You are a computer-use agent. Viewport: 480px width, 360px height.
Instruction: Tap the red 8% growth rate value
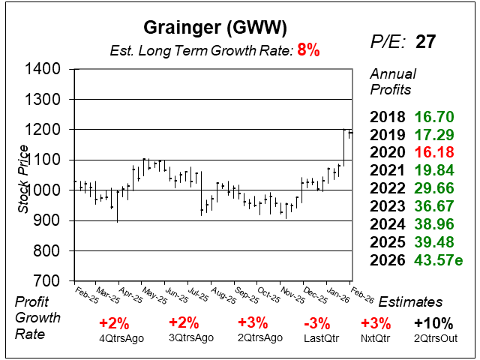308,51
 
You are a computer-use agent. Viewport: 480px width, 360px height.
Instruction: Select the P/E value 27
425,41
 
